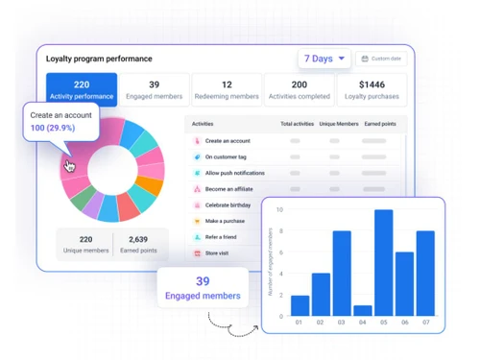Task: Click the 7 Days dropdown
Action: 324,59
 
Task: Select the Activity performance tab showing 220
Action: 82,90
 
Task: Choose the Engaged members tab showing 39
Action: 155,90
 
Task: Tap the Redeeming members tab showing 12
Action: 227,90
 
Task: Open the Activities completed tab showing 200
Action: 300,90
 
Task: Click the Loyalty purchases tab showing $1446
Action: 372,90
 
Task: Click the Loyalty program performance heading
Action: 99,59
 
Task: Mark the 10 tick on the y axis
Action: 278,209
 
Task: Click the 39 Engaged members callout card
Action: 202,287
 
